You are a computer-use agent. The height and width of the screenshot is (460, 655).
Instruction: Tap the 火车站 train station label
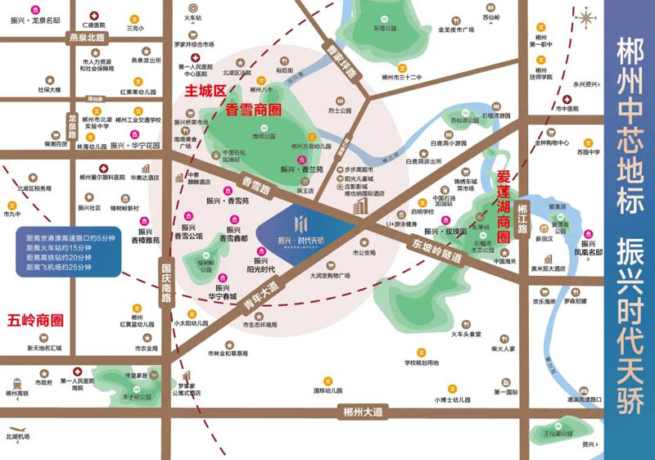pos(192,16)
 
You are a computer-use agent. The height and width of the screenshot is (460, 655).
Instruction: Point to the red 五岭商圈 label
pos(34,320)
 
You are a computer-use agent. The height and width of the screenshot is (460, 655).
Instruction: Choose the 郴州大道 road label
pos(364,413)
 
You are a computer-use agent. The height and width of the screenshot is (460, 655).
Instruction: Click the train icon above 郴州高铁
pos(16,381)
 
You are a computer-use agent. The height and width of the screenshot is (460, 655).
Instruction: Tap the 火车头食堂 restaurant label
pos(472,334)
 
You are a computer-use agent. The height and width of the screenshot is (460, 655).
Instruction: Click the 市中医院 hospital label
pos(567,108)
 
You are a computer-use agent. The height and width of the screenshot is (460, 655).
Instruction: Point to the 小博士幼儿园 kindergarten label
pos(453,399)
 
